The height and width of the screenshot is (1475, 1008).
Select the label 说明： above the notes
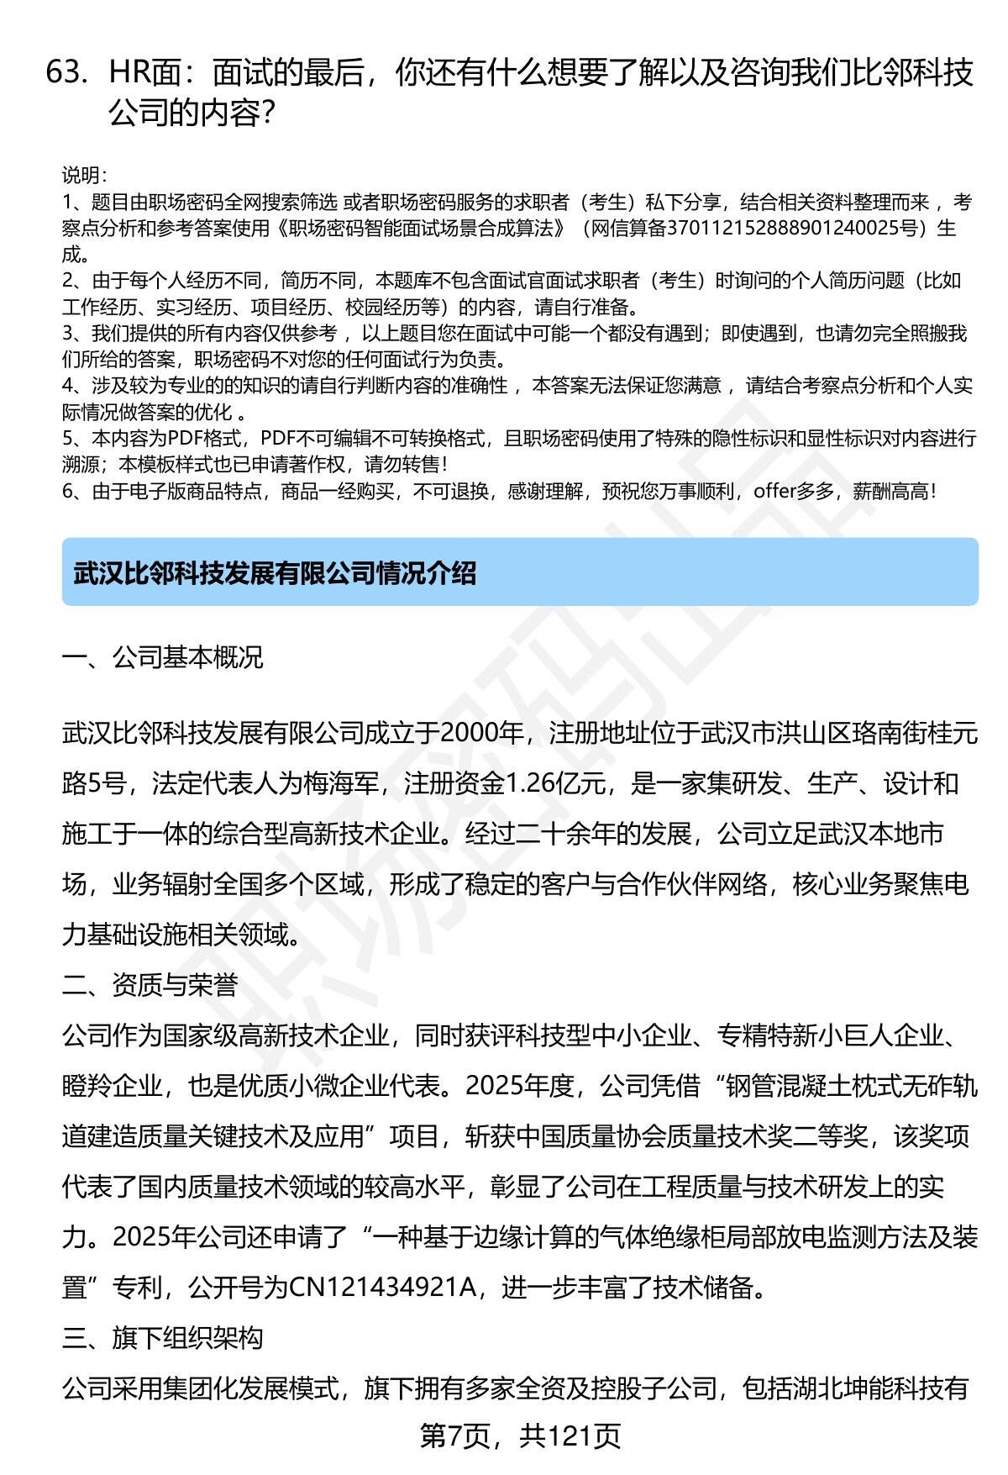(84, 176)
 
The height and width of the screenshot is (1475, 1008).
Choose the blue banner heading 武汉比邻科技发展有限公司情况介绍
(275, 573)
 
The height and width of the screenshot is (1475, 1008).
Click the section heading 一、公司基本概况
(162, 656)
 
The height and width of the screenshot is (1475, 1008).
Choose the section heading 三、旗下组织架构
(162, 1337)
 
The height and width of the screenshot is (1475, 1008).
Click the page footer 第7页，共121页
(520, 1435)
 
